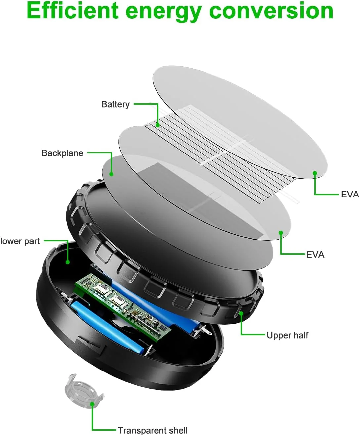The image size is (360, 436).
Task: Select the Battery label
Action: [x=115, y=105]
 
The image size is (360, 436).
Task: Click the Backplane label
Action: [x=63, y=153]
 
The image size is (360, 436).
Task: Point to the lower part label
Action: [x=20, y=241]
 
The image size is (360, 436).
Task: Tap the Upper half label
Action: [x=288, y=335]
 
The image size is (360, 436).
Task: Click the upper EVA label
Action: [x=350, y=195]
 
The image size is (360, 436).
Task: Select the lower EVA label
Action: [x=315, y=254]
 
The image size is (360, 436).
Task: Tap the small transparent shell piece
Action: [x=84, y=391]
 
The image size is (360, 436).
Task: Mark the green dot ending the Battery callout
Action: [x=158, y=125]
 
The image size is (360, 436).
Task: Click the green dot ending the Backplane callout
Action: [x=112, y=174]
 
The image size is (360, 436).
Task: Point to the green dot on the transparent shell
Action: [x=92, y=404]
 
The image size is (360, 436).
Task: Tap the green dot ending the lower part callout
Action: [x=67, y=262]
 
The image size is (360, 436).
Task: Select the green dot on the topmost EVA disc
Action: [x=315, y=173]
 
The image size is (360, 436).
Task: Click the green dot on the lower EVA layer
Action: [x=281, y=233]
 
